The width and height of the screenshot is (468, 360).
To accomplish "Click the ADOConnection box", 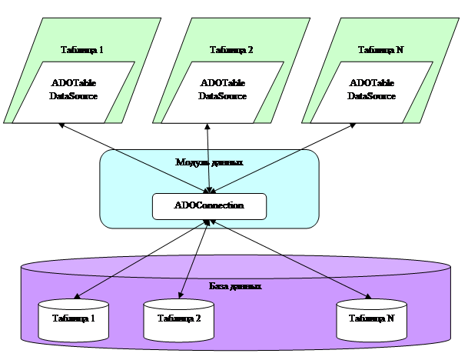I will coord(209,206).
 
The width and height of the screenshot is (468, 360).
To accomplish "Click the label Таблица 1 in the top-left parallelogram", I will coord(81,51).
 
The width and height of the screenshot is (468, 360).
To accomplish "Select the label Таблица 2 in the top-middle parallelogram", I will coord(231,51).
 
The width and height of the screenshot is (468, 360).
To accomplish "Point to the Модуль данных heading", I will coord(210,163).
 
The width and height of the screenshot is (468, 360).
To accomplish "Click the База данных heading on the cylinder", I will coord(235,286).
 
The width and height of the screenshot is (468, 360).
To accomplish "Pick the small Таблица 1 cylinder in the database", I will coord(73,318).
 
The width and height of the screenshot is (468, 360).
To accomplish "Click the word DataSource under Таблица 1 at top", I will coord(73,96).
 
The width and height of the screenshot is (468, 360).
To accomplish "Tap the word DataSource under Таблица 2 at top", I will coord(222,96).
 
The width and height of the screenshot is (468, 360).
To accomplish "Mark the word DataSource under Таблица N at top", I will coord(371,96).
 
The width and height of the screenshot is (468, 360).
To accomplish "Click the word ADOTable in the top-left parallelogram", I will coord(73,82).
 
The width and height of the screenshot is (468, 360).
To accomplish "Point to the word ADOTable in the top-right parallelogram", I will coord(371,82).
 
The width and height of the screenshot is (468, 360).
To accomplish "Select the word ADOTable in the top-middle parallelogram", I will coord(222,82).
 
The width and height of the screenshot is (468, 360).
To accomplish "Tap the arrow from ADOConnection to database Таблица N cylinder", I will coord(288,258).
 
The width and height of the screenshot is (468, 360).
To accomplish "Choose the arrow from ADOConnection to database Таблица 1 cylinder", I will coord(142,258).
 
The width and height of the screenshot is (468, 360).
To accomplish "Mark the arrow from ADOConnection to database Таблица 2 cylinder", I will coord(194,257).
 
